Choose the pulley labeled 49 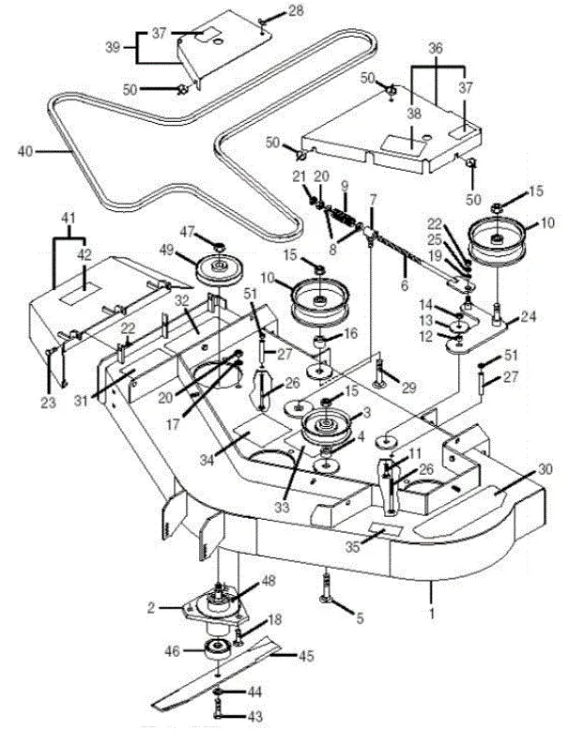tap(218, 272)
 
